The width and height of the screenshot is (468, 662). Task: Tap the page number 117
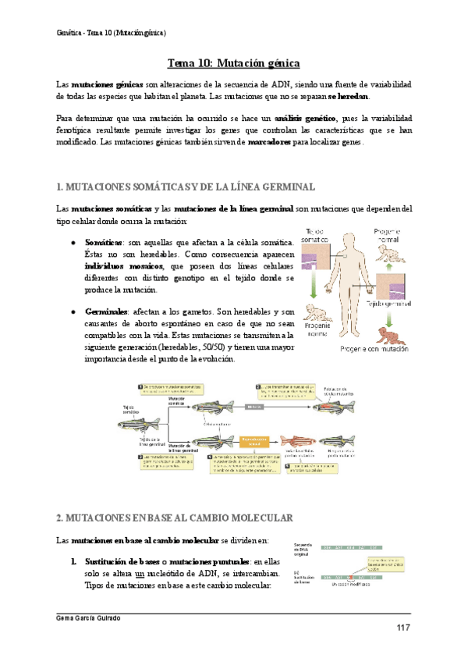point(403,628)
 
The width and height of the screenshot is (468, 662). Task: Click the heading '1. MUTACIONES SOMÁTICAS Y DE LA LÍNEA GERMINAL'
point(186,187)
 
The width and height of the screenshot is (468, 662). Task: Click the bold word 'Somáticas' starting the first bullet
point(105,243)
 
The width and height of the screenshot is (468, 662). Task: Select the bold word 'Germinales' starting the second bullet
point(107,310)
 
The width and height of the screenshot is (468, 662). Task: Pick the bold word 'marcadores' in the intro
point(269,142)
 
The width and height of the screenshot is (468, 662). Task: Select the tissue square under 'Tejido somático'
point(321,256)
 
